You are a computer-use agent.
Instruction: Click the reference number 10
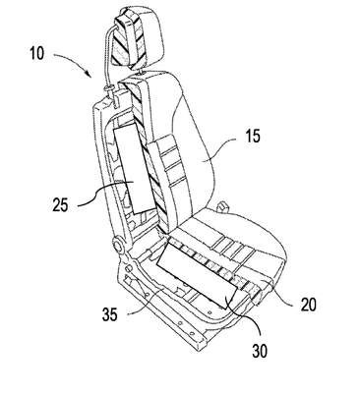point(37,53)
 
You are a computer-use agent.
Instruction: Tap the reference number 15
point(252,136)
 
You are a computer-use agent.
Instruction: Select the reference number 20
point(309,305)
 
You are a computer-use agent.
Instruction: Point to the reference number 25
point(60,205)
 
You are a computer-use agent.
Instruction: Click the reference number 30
point(260,351)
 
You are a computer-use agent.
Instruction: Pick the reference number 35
point(109,315)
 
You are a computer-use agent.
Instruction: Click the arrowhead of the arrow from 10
point(90,73)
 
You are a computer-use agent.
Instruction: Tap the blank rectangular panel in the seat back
point(134,169)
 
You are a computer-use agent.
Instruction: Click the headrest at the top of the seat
point(140,39)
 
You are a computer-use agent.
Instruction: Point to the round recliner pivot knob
point(116,245)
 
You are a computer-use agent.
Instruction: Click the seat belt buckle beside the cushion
point(222,206)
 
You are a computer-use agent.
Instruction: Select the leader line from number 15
point(219,148)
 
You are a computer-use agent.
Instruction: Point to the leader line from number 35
point(145,305)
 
